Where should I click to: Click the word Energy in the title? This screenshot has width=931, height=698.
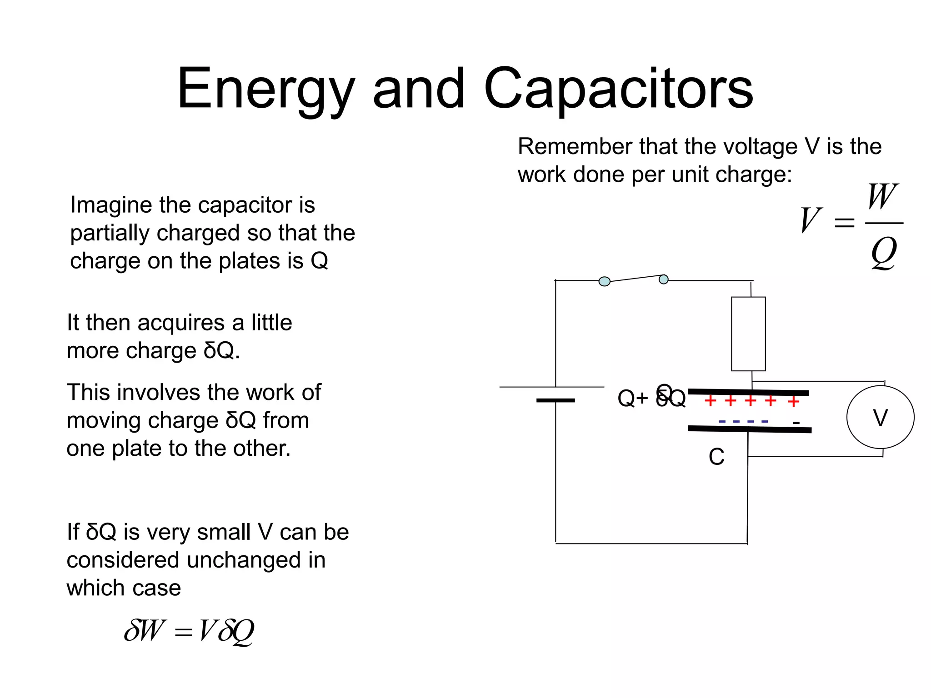[x=266, y=89]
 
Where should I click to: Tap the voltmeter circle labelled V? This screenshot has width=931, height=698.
[x=880, y=417]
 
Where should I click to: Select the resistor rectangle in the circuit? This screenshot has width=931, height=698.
[x=748, y=334]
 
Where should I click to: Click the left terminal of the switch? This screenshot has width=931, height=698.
[x=604, y=282]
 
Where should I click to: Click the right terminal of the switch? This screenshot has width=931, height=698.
[x=664, y=279]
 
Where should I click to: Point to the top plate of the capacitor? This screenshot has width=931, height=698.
[x=748, y=392]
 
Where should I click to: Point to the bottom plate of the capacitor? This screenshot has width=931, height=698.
[x=750, y=429]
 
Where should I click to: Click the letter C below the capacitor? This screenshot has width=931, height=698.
[x=716, y=457]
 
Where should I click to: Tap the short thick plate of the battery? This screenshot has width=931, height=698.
[x=556, y=400]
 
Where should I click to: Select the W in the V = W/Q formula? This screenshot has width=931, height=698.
[x=882, y=196]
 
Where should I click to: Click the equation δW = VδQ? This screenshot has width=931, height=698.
[x=189, y=631]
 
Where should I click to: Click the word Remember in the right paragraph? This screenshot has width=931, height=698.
[x=575, y=147]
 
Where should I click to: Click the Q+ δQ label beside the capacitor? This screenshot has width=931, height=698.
[x=651, y=398]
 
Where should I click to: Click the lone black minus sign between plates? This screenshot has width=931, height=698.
[x=796, y=423]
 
